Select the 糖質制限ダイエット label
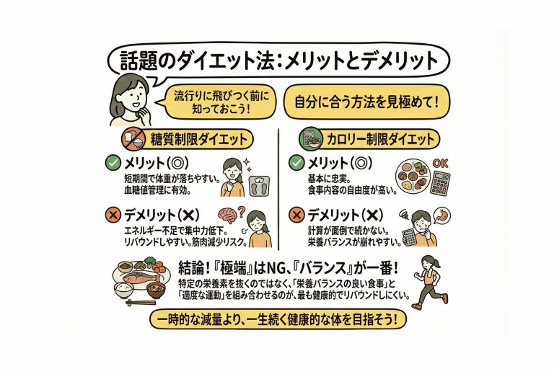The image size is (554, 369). point(198,139)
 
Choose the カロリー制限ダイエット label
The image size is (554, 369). point(380,139)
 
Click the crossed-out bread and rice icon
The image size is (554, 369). point(133,139)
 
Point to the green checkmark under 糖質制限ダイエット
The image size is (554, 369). point(113,163)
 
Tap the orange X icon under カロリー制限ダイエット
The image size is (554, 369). point(296,214)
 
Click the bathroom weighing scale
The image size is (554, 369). point(260,186)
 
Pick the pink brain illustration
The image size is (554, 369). point(228,215)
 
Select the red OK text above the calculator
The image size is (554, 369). point(440,164)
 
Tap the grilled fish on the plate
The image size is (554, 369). point(138,277)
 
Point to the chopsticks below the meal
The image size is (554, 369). point(141,303)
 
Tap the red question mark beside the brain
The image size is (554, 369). point(242,212)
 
